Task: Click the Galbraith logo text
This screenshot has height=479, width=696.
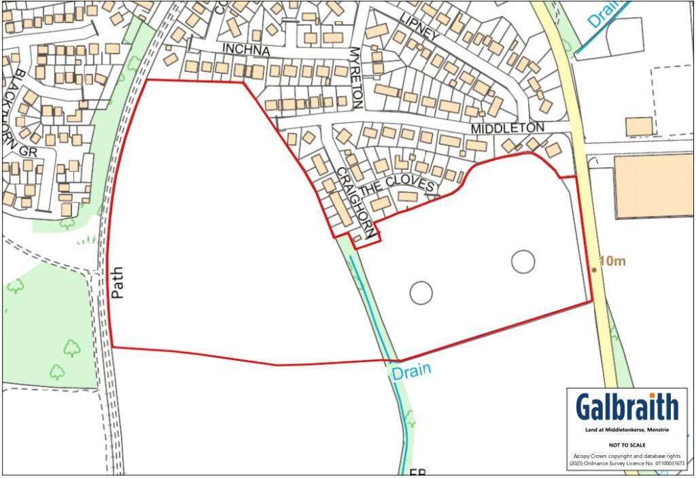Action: pos(627,407)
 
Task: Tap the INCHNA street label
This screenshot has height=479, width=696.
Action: pos(247,51)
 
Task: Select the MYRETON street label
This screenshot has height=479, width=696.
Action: pos(355,77)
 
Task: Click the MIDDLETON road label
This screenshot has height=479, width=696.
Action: pos(507,128)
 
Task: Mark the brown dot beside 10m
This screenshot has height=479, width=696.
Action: pos(593,270)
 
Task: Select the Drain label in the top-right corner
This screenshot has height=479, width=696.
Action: pos(604,14)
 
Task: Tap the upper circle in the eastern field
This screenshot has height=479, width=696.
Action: pos(523,261)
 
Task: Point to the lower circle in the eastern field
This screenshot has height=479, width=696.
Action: pos(421,293)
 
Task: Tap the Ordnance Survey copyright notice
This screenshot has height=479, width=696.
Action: pos(627,460)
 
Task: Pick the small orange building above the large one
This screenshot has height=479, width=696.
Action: pos(639,126)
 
